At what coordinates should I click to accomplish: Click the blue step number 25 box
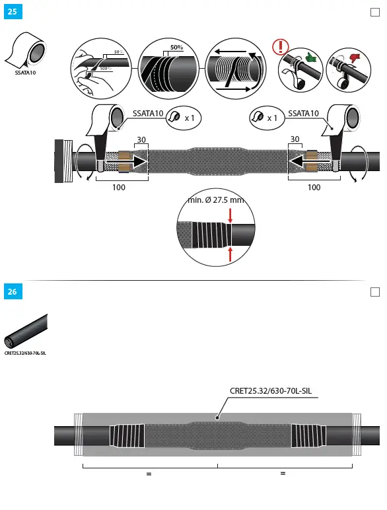[12, 12]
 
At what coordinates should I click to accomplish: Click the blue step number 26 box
[12, 291]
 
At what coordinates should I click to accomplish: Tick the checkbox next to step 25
[374, 12]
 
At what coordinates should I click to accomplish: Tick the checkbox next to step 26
[374, 291]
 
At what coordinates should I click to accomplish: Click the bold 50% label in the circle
[176, 48]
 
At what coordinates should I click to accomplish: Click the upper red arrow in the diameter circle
[230, 215]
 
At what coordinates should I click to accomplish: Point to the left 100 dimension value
[119, 188]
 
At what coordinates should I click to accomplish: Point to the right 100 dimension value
[314, 188]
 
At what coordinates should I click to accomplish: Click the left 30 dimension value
[141, 139]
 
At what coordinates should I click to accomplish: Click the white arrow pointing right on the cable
[131, 161]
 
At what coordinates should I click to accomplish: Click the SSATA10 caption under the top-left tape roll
[25, 73]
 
